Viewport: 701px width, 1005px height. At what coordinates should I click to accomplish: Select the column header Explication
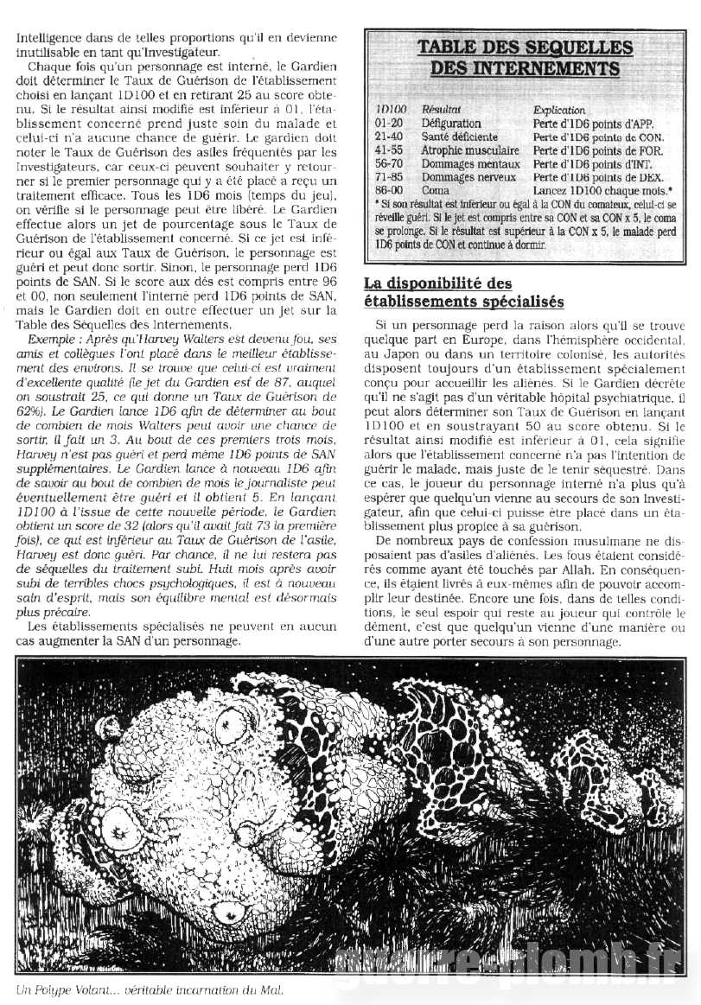click(559, 111)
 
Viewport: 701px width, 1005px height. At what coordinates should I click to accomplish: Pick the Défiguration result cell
click(450, 124)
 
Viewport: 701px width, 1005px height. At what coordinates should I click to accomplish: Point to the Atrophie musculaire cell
click(468, 149)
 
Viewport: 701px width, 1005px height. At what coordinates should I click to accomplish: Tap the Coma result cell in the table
click(436, 188)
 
